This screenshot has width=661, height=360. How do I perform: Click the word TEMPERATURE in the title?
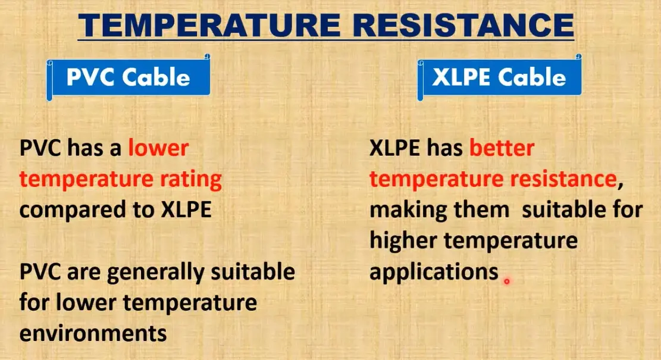coord(209,25)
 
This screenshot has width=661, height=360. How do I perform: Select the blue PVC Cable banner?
coord(128,77)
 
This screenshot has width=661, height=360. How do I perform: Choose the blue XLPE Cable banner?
coord(500,77)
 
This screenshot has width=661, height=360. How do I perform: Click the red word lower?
coord(158,148)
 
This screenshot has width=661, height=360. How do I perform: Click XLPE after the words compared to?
coord(186,209)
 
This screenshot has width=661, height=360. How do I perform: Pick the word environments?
coord(93,333)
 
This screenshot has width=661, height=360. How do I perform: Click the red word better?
coord(502,148)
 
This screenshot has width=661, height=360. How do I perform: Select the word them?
coord(482,209)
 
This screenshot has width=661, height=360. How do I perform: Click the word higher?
coord(403,241)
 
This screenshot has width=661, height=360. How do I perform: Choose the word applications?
coord(434,273)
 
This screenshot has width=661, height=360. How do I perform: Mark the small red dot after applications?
coord(507,281)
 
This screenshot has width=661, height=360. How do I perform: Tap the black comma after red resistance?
coord(620,184)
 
